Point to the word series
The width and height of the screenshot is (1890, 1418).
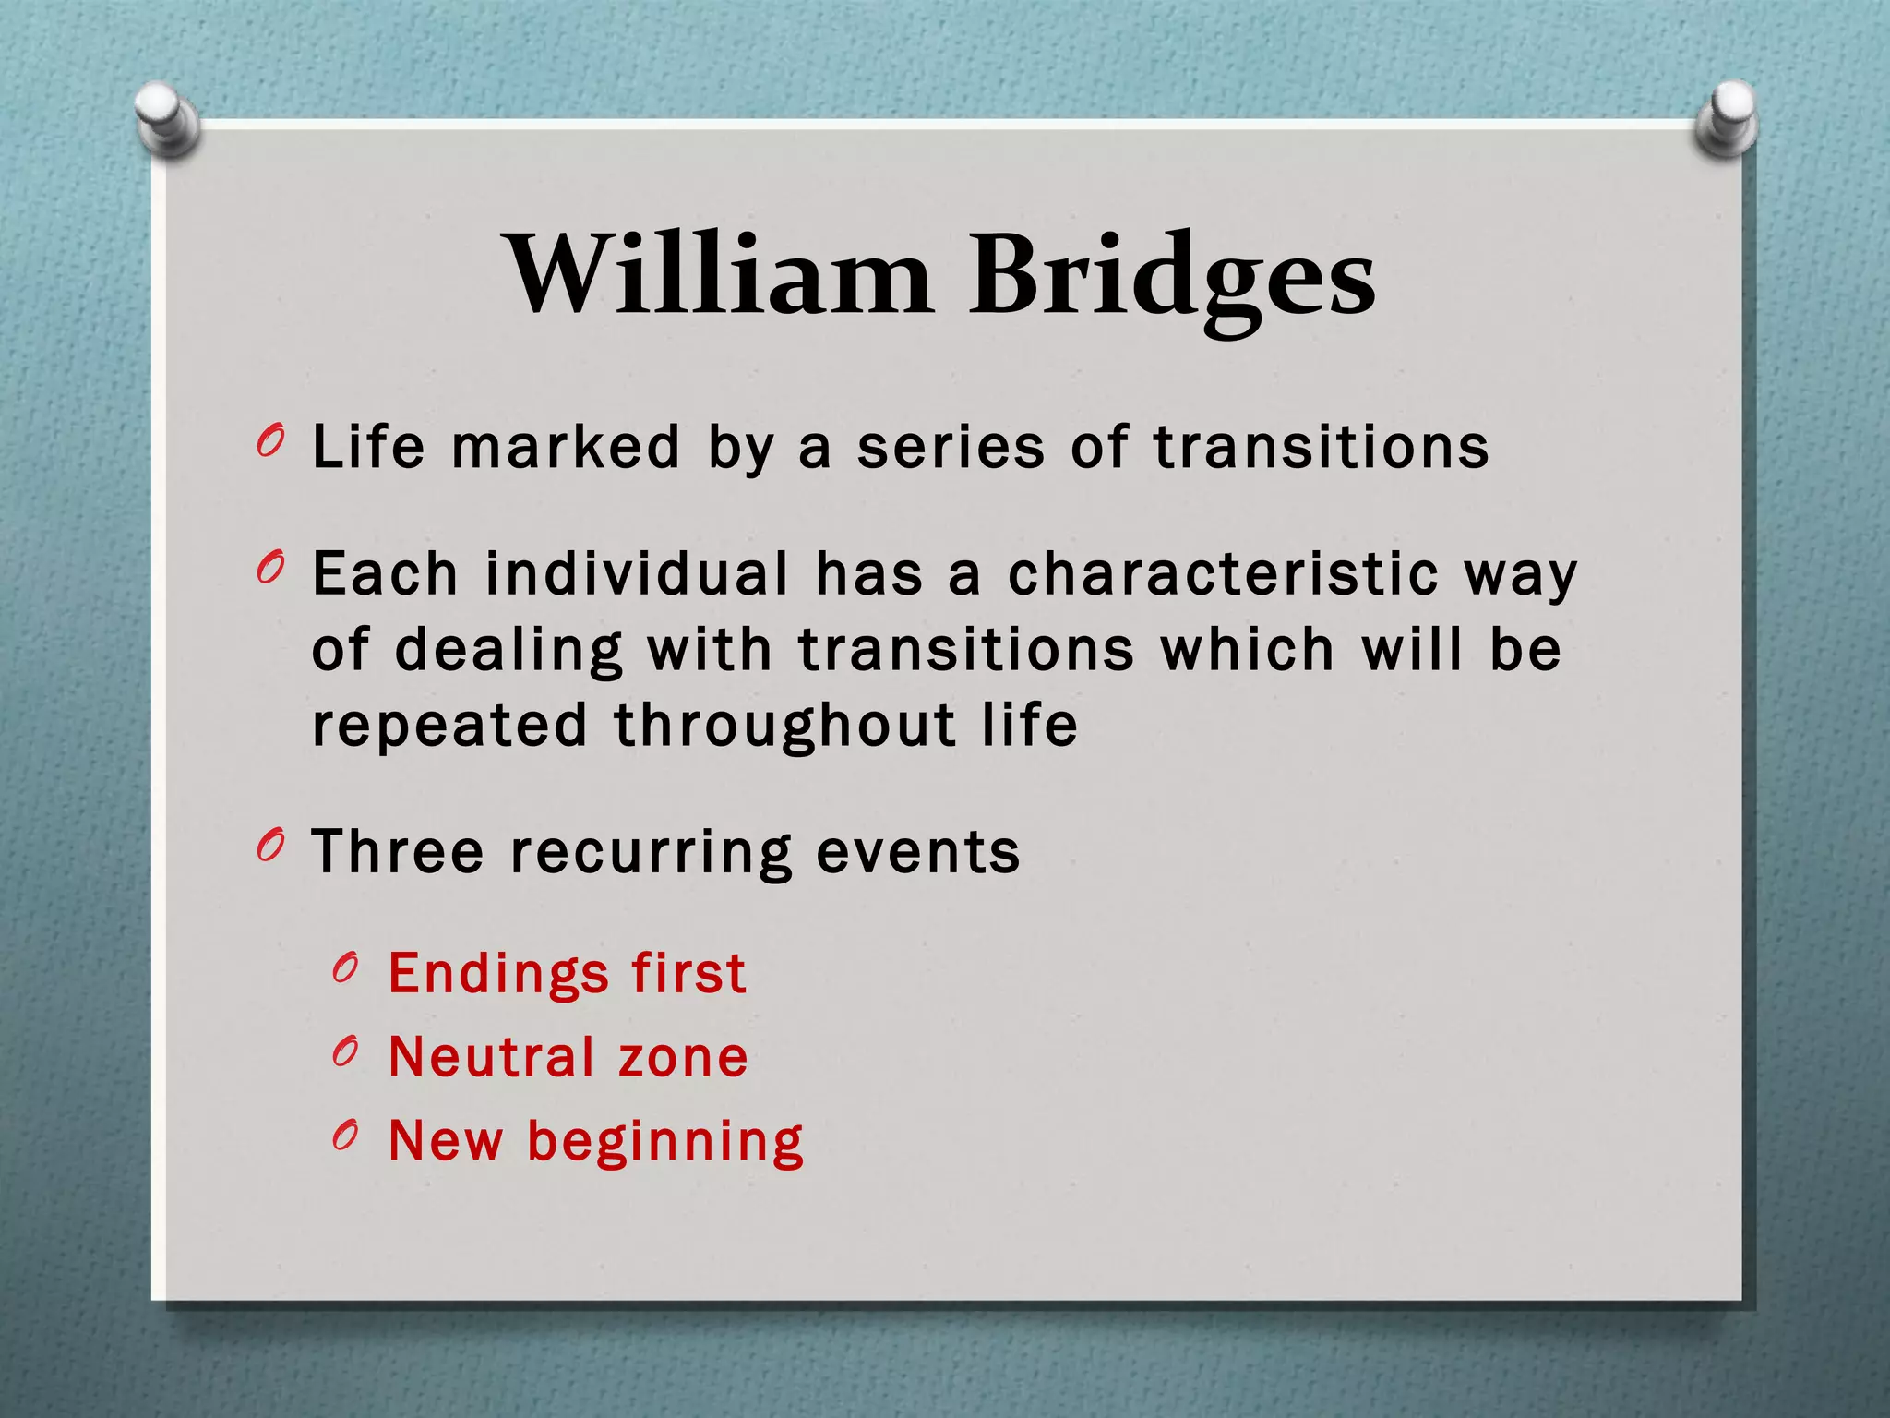tap(951, 448)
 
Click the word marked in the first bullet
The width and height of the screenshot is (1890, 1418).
tap(566, 448)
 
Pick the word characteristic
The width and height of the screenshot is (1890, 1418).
tap(1223, 573)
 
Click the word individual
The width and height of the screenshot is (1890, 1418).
tap(637, 573)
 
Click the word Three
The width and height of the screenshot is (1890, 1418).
tap(398, 851)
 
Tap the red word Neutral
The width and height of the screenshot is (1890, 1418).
tap(491, 1057)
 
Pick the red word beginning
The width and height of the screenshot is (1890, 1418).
tap(664, 1143)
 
